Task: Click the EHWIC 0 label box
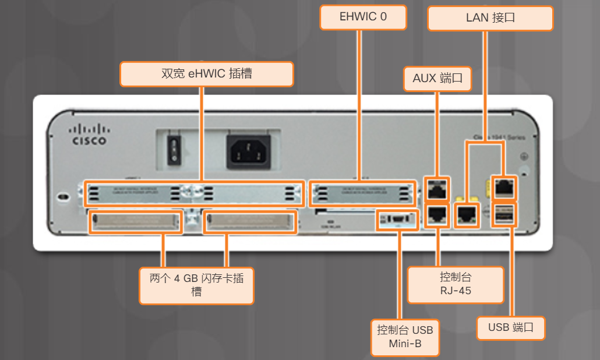pos(363,17)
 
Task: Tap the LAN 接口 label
pos(490,18)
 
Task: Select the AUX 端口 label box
pos(437,78)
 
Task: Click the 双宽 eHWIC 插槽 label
pos(206,74)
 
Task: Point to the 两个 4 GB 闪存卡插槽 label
pos(197,285)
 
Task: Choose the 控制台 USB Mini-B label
pos(405,337)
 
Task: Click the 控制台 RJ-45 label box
pos(455,284)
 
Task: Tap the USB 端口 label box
pos(511,327)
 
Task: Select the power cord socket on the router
pos(246,151)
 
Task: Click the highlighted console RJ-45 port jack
pos(436,215)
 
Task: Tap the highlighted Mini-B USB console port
pos(397,220)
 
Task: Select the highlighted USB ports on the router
pos(504,214)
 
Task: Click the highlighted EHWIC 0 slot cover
pos(362,193)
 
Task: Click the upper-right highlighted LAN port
pos(503,186)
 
